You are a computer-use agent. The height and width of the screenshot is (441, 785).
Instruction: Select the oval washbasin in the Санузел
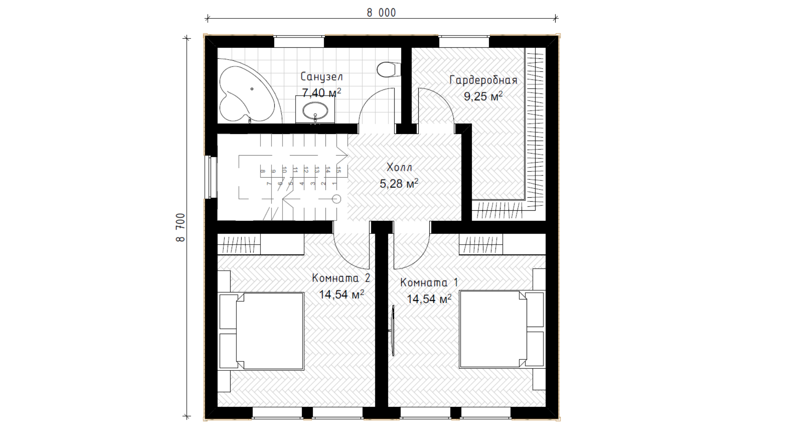click(315, 110)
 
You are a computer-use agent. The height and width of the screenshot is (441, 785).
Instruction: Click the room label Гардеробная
click(483, 80)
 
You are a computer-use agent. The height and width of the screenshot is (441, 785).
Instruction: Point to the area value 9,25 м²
click(483, 96)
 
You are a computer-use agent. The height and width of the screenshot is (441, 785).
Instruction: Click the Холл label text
click(399, 167)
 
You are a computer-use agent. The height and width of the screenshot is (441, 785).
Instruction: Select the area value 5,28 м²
click(399, 183)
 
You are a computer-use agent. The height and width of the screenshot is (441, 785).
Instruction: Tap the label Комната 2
click(341, 278)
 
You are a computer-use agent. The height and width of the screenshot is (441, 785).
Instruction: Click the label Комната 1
click(429, 283)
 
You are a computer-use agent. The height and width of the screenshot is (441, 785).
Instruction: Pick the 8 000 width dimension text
click(381, 13)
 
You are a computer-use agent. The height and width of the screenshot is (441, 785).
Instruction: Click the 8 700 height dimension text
click(181, 227)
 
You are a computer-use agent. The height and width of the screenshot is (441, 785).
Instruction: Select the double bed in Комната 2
click(262, 331)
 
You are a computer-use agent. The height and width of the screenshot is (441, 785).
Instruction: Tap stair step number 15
click(339, 170)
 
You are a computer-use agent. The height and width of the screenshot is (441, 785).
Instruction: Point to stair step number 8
click(262, 171)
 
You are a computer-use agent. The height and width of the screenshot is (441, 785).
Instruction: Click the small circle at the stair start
click(336, 199)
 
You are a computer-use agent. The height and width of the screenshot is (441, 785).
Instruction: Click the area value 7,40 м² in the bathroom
click(321, 93)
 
